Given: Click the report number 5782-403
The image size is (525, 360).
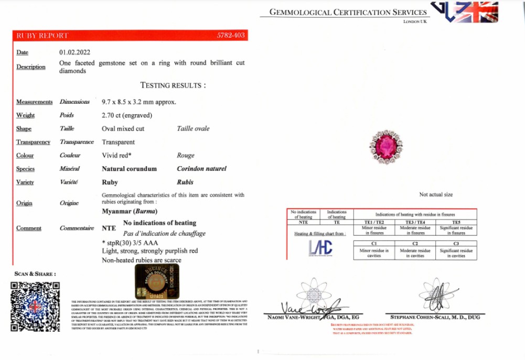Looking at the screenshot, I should [231, 36].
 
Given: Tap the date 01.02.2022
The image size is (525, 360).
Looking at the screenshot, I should [75, 52].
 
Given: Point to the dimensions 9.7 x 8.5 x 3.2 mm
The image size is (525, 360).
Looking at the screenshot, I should [139, 102].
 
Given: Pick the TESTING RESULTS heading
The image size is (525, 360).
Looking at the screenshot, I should [173, 85].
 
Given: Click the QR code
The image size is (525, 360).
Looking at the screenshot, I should [35, 307].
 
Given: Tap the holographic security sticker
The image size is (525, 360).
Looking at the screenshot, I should [157, 281].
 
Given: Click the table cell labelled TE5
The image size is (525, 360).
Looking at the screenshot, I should [456, 222].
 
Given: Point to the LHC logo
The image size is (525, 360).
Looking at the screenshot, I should [320, 248].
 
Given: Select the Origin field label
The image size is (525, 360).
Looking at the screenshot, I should [24, 203].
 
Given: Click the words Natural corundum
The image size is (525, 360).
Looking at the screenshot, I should [129, 169].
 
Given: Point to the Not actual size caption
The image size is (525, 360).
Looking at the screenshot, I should [436, 194].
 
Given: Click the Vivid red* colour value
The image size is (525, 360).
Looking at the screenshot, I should [116, 156].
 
